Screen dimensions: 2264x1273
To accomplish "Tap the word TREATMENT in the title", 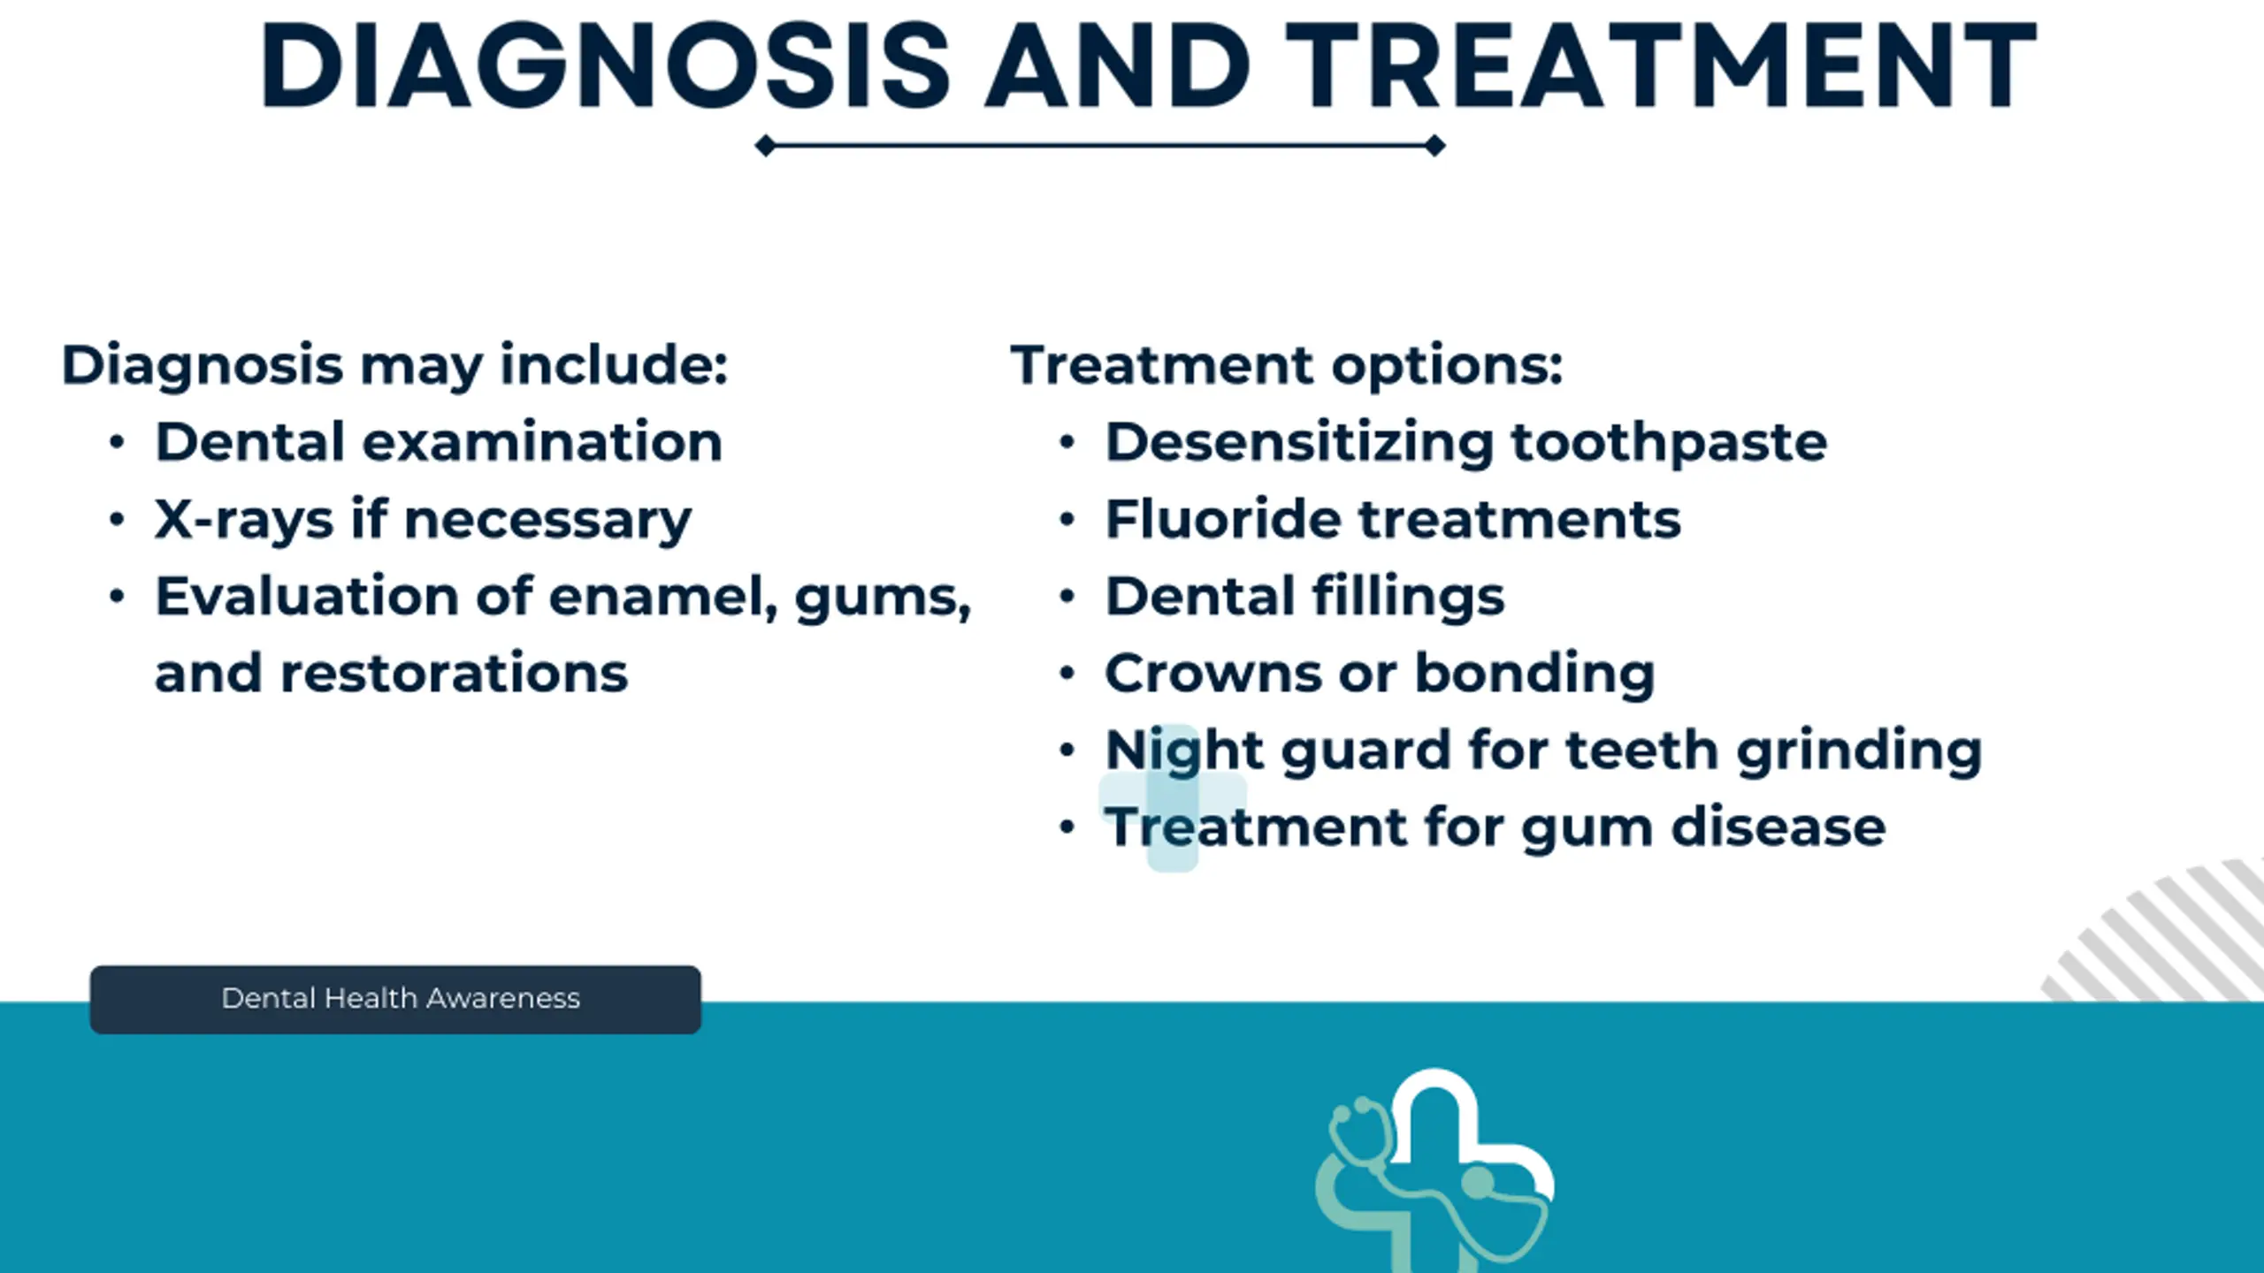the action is [1661, 66].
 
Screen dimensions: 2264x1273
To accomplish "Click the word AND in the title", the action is [1118, 66].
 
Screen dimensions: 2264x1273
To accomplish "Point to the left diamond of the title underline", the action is [766, 146].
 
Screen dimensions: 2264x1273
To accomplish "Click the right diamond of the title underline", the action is [1434, 146].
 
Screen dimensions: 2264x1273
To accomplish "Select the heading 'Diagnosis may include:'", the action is [394, 365].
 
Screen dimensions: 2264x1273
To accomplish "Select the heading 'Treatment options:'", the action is [1287, 365].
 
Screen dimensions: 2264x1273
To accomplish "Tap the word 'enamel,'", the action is [663, 597].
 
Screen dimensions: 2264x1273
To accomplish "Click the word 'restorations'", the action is [454, 674].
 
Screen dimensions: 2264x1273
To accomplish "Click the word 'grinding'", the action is [1859, 752].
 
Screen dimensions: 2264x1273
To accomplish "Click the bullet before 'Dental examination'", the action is [118, 442].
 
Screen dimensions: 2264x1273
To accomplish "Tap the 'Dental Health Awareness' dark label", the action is [395, 1000].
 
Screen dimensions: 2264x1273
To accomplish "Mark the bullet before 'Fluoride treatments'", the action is [1067, 519].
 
